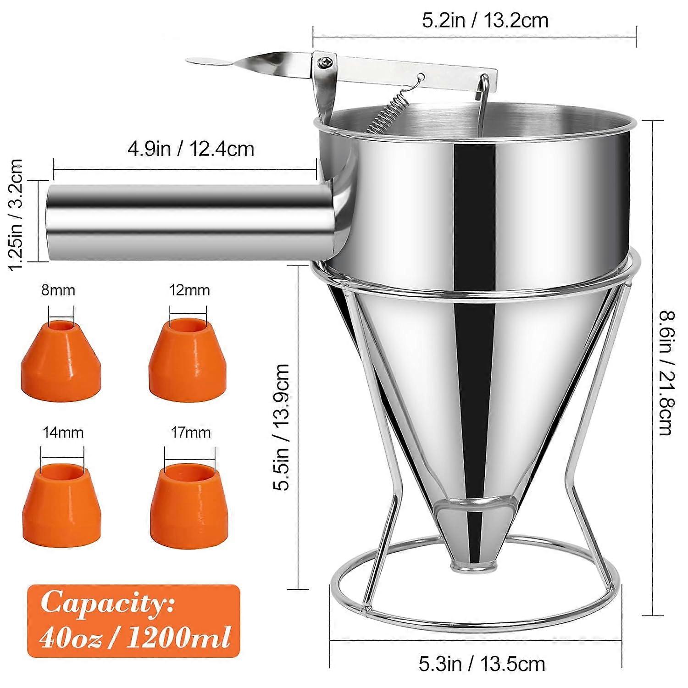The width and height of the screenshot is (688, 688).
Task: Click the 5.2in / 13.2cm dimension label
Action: click(x=485, y=21)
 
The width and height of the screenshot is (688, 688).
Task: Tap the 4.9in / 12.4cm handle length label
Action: click(x=190, y=149)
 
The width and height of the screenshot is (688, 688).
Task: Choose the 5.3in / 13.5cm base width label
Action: click(x=482, y=664)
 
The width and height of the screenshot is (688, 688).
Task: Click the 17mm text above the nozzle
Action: click(x=190, y=433)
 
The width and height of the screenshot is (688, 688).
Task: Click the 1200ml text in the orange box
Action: click(x=178, y=638)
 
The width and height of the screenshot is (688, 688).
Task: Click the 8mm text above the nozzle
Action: click(x=58, y=290)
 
